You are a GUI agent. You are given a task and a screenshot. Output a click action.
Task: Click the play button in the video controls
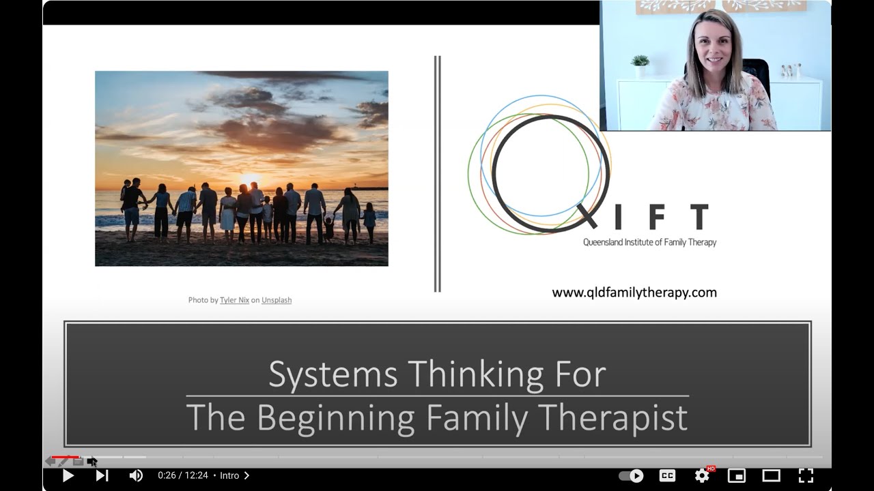pos(68,475)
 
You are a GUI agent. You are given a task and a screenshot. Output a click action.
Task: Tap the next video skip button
pos(102,475)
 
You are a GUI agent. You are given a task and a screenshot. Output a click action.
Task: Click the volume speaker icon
pos(136,475)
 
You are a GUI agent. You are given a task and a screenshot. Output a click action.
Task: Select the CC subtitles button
pos(667,475)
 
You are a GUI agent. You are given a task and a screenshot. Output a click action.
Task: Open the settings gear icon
pos(702,475)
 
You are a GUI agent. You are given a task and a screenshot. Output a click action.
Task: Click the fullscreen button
pos(806,475)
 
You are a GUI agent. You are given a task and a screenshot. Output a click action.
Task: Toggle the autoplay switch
pos(631,475)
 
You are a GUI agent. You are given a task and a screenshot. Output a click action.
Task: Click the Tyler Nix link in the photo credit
pos(234,300)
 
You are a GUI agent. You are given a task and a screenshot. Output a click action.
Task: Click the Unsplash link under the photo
pos(277,300)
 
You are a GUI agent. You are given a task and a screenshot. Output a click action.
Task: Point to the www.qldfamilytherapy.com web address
pos(634,293)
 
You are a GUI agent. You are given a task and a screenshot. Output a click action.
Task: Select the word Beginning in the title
pos(335,417)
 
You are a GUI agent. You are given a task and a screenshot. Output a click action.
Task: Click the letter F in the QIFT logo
pos(656,218)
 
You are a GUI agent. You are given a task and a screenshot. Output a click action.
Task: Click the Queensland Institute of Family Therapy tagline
pos(649,242)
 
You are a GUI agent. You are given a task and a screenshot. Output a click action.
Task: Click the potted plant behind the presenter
pos(640,65)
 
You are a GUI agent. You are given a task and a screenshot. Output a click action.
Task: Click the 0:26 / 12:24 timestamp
pos(182,475)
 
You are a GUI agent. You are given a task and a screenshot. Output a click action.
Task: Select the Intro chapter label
pos(230,475)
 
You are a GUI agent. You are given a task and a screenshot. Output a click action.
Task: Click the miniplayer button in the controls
pos(736,475)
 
